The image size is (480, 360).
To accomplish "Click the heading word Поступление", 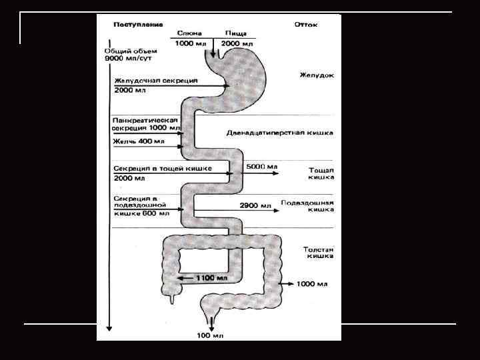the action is pyautogui.click(x=138, y=25).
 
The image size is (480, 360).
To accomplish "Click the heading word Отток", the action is pyautogui.click(x=306, y=25).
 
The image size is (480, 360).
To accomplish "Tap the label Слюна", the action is pyautogui.click(x=187, y=33).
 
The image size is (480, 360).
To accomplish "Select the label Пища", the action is pyautogui.click(x=236, y=33).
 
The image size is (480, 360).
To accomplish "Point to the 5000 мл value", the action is pyautogui.click(x=262, y=165).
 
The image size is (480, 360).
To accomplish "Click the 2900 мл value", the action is pyautogui.click(x=256, y=206).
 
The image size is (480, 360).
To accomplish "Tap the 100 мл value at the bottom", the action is pyautogui.click(x=211, y=334).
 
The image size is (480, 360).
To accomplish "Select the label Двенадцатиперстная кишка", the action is pyautogui.click(x=279, y=133).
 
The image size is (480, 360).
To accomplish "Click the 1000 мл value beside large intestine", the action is pyautogui.click(x=311, y=284).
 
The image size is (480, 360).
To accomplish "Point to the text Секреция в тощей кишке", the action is pyautogui.click(x=163, y=169).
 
